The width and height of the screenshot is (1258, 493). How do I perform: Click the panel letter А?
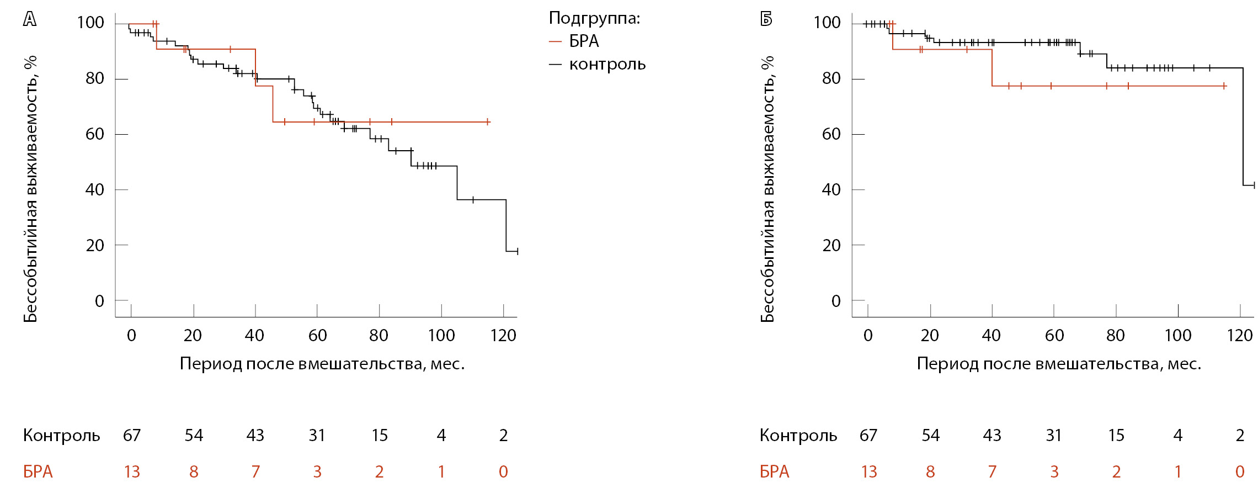[x=30, y=19]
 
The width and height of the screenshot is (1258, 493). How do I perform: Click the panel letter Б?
[x=766, y=19]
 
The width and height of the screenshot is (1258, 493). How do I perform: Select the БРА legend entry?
[x=584, y=41]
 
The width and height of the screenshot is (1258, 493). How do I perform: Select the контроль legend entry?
[x=607, y=65]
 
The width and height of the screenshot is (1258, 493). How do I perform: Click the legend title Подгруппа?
[x=594, y=18]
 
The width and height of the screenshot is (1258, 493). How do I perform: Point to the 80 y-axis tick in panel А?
[x=94, y=78]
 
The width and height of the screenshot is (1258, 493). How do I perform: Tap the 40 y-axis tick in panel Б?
[x=831, y=190]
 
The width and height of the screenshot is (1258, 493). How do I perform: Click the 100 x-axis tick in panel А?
[x=441, y=335]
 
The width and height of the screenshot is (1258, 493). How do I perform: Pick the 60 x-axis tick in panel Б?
[x=1054, y=335]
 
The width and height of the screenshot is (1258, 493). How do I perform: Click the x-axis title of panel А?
[x=322, y=364]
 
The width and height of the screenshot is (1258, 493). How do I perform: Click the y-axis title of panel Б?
[x=767, y=189]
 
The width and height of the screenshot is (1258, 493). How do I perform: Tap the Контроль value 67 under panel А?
[x=132, y=436]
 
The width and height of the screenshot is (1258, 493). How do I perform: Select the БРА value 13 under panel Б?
[x=868, y=472]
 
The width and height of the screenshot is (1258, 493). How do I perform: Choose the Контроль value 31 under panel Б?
[x=1054, y=436]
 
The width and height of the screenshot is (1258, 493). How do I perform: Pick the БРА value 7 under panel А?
[x=255, y=472]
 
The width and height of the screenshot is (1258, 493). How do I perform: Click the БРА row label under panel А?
[x=38, y=472]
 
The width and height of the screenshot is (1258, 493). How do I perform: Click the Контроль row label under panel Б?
[x=798, y=436]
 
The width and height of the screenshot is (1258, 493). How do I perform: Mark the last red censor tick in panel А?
[x=488, y=122]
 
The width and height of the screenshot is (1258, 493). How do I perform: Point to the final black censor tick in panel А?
[x=518, y=252]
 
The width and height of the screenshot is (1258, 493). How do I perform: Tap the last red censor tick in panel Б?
[x=1224, y=86]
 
